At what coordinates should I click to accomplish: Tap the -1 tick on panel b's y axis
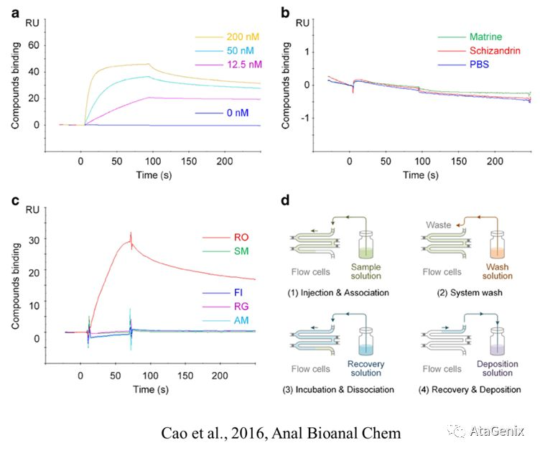tap(308, 118)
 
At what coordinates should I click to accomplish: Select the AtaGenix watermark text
tap(497, 431)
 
